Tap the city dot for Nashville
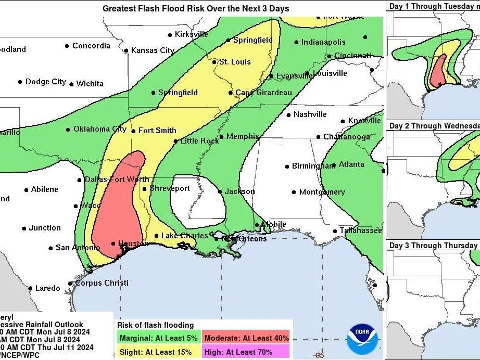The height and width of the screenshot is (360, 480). [x=288, y=114]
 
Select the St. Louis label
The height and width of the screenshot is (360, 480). [x=234, y=62]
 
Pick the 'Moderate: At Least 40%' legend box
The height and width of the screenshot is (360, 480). [x=246, y=338]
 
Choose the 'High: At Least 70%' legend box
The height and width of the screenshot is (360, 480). [x=246, y=352]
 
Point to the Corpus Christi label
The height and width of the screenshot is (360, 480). [x=102, y=283]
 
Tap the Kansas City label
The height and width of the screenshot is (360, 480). [x=152, y=50]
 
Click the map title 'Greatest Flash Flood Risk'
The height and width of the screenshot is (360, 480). [x=196, y=8]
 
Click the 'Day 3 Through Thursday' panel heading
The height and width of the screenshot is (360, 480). [x=433, y=246]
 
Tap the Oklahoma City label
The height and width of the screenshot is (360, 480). [x=99, y=129]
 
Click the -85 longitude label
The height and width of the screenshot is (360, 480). [x=319, y=355]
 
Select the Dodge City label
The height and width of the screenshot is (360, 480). [x=46, y=82]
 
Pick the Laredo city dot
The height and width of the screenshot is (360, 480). [x=30, y=288]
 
